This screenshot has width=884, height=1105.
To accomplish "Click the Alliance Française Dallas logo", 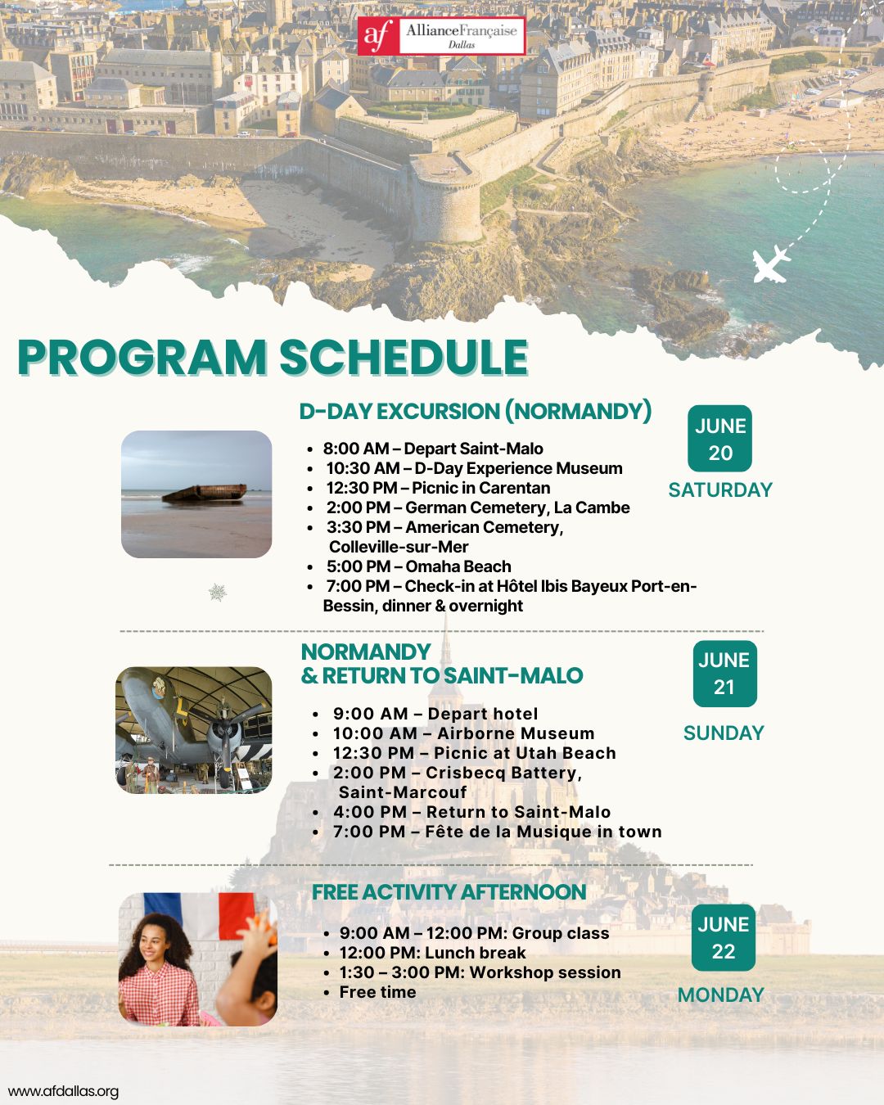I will pos(441,35).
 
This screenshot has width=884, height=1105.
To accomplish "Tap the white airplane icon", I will pos(770,264).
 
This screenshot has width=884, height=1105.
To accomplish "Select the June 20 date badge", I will pos(719,439).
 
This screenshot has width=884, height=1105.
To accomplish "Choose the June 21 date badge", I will pos(724,674).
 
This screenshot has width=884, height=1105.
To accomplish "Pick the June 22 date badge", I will pos(723,937).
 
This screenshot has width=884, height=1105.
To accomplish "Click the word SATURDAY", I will pos(720,489).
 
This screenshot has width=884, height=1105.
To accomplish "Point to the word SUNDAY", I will pos(724,733).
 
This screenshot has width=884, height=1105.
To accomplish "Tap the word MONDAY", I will pos(720,994).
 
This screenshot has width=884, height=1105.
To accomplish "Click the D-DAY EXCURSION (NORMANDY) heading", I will pos(476,411).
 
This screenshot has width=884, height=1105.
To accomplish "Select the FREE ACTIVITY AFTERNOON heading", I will pos(449,892).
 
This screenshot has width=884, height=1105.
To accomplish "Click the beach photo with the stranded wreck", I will pos(196,494).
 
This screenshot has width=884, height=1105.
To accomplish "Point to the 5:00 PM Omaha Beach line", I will pos(418,566).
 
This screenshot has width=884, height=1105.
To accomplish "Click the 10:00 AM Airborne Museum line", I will pos(463,733).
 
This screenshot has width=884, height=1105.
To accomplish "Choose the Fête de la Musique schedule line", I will pos(497,832).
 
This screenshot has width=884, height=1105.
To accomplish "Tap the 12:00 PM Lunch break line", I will pos(432,953).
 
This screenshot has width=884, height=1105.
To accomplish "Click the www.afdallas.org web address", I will pos(63,1091).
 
